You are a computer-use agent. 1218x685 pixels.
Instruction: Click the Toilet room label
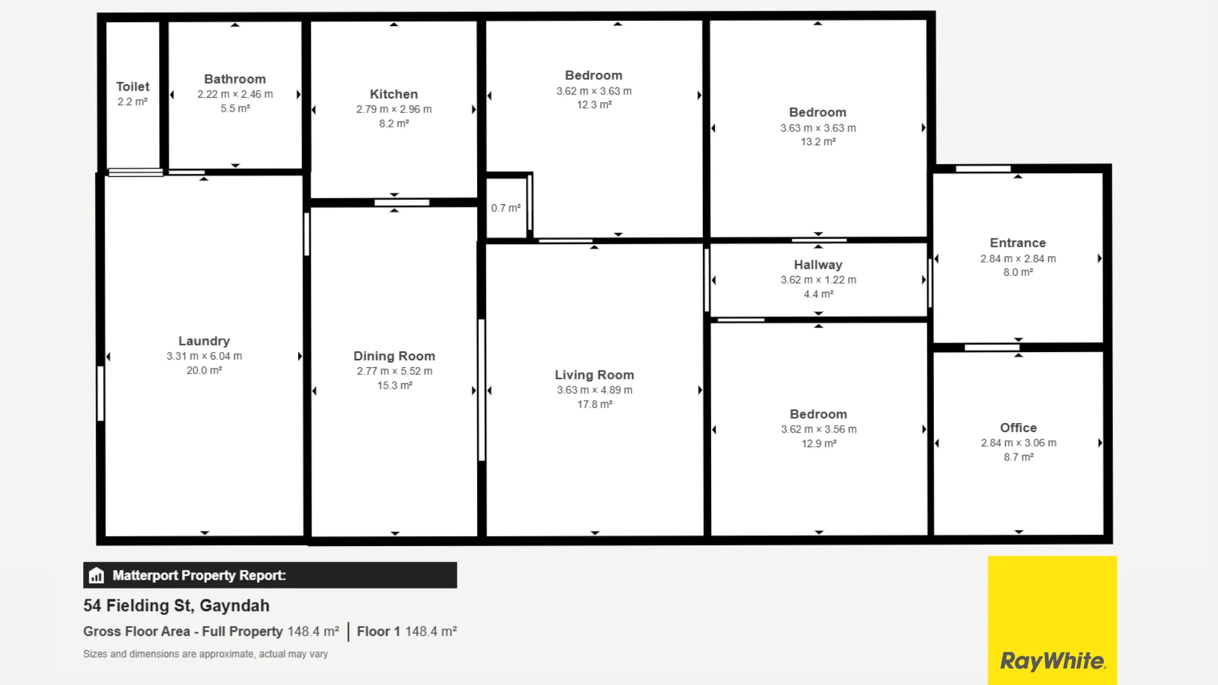pos(133,87)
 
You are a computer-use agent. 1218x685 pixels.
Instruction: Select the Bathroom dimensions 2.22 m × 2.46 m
pos(235,95)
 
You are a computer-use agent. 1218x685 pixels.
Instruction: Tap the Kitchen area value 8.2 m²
pos(394,124)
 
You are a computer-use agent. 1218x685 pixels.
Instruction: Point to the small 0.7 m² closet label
pos(506,208)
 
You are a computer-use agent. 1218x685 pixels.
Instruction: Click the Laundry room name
pos(204,341)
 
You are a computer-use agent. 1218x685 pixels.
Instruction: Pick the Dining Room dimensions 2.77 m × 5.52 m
pos(394,371)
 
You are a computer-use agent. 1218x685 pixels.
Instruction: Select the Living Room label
pos(594,375)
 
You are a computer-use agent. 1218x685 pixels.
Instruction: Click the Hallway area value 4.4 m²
pos(818,294)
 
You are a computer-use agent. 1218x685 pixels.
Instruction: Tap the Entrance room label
pos(1018,243)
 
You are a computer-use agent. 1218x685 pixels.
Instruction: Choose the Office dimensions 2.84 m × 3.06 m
pos(1018,443)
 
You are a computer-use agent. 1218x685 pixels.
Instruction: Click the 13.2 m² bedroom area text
pos(818,142)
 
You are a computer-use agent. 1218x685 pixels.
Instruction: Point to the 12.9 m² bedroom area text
pos(818,444)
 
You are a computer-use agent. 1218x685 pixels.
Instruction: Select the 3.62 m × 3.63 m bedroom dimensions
pos(594,91)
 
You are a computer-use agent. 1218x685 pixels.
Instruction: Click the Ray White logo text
pos(1052,661)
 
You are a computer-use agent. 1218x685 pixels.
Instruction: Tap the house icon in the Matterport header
pos(96,575)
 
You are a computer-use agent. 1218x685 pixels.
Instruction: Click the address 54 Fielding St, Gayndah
pos(176,606)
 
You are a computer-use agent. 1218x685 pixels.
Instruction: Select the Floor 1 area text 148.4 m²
pos(431,632)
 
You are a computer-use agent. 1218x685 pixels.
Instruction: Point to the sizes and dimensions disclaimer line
pos(206,654)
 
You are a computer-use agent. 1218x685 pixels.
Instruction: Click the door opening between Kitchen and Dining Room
pos(402,203)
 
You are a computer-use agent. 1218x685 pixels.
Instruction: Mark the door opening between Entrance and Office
pos(992,348)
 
